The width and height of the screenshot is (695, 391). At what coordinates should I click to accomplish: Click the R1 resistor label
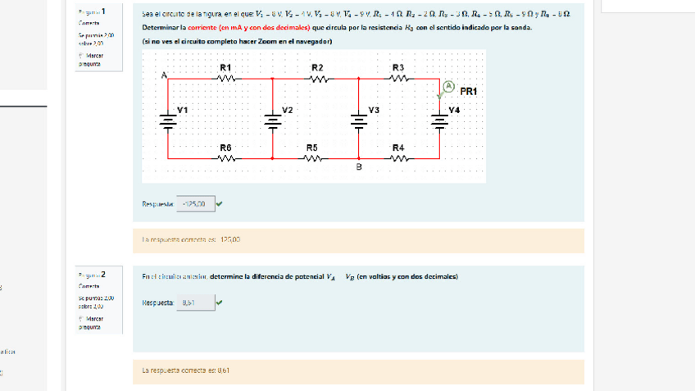pos(226,66)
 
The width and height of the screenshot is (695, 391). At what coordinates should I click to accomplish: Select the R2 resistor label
pos(317,66)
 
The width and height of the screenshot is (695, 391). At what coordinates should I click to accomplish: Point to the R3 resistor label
pos(398,66)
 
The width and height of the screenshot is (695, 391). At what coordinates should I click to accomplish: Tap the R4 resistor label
pos(398,148)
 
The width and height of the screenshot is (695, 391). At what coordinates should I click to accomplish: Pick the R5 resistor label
pos(312,148)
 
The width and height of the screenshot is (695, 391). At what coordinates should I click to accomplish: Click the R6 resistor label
pos(226,148)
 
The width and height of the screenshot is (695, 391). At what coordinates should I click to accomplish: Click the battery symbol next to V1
pos(168,120)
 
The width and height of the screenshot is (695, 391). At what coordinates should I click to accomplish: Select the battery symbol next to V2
pos(272,120)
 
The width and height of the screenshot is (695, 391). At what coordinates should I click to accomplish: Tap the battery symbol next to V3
pos(358,120)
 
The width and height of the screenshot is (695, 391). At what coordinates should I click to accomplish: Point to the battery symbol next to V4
pos(440,120)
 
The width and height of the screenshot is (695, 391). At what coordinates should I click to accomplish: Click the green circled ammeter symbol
pos(448,86)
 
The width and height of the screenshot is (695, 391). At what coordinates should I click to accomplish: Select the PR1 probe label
pos(470,91)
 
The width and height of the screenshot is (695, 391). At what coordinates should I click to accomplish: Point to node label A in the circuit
pos(164,75)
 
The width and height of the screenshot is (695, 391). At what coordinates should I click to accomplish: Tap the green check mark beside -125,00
pos(220,204)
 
